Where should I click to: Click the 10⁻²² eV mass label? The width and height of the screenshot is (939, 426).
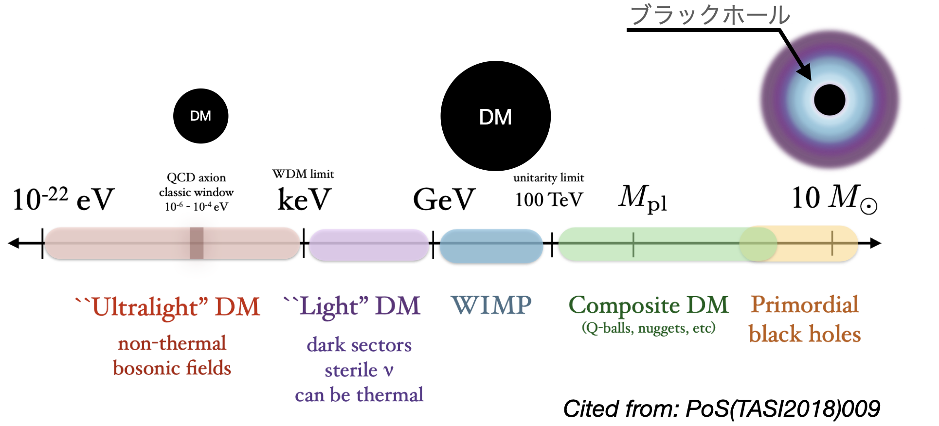(x=63, y=199)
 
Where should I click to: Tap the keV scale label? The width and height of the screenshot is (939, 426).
(x=304, y=199)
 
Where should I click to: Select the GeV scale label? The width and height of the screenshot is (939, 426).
(x=444, y=199)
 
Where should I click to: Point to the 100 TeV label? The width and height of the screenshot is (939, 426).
(x=549, y=199)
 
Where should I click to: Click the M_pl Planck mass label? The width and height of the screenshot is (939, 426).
(x=642, y=198)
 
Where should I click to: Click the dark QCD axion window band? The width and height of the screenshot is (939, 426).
(x=197, y=243)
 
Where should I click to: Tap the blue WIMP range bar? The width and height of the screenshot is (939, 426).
(x=491, y=246)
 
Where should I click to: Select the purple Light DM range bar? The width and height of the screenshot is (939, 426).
(x=369, y=245)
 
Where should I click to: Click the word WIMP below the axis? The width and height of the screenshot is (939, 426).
(x=491, y=305)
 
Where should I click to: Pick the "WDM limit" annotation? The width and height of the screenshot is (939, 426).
(x=303, y=174)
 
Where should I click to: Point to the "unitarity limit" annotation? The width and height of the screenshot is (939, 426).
(x=549, y=178)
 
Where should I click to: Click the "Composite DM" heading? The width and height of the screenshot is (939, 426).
(x=649, y=305)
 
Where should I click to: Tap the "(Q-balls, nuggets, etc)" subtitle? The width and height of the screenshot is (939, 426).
(x=649, y=328)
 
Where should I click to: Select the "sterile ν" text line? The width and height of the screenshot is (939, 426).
(x=359, y=371)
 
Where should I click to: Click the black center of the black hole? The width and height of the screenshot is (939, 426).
(x=830, y=100)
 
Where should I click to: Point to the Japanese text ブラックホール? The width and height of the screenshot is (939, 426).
(x=710, y=15)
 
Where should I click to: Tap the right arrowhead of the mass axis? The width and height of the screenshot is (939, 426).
(x=875, y=243)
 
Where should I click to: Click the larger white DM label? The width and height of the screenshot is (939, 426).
(x=495, y=117)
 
